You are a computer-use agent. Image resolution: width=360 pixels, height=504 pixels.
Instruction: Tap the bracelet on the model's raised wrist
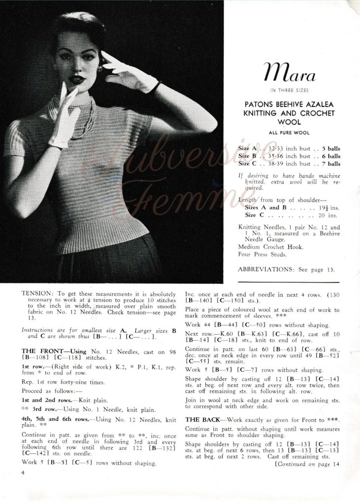(155, 87)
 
